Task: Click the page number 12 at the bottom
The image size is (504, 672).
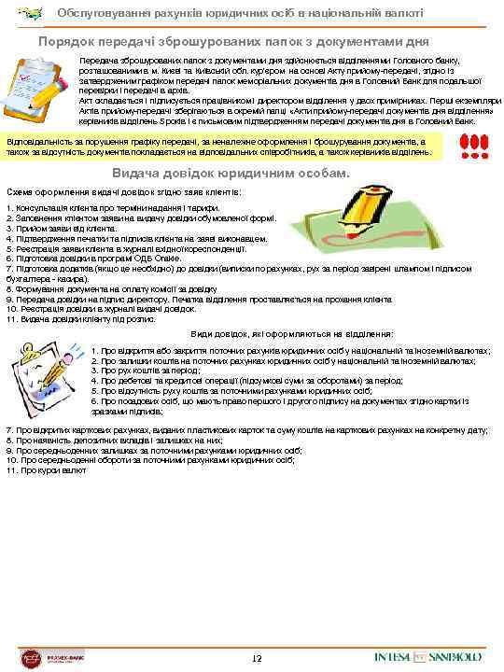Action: click(x=256, y=659)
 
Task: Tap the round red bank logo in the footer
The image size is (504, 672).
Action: click(x=32, y=656)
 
